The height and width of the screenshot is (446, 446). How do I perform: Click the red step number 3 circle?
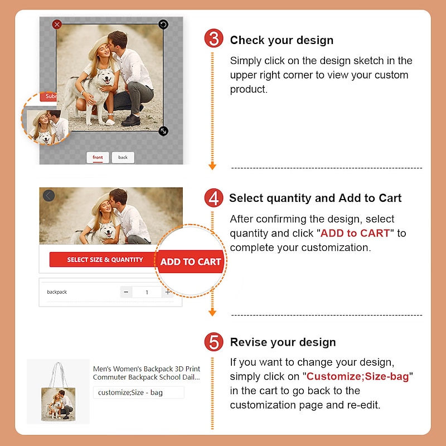coord(214,38)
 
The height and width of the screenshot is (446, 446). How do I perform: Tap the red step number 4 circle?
coord(214,198)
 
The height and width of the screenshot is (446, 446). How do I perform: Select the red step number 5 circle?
coord(214,342)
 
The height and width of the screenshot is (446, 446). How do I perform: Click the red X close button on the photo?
coord(57,25)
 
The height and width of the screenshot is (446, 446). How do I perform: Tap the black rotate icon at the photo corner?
coord(163,25)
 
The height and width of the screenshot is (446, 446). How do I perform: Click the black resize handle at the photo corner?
coord(163,131)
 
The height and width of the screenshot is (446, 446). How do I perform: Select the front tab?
coord(98,157)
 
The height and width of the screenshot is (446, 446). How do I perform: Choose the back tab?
coord(123,157)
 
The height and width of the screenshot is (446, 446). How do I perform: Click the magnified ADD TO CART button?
coord(191,261)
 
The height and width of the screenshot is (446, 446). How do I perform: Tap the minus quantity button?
coord(126,292)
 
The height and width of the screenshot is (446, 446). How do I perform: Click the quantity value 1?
coord(147,292)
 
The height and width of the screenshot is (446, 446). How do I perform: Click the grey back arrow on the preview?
coord(49,196)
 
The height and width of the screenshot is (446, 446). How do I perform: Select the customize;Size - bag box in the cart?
coord(138,392)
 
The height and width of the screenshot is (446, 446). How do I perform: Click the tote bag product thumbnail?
coord(59,391)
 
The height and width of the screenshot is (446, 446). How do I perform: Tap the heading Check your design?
coord(282,40)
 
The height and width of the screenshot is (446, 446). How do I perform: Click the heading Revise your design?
coord(283,342)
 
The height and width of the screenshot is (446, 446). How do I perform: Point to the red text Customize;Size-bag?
coord(357,376)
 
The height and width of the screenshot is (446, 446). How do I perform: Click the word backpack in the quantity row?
coord(57,292)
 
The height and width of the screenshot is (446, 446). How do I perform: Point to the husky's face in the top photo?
coord(106,76)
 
